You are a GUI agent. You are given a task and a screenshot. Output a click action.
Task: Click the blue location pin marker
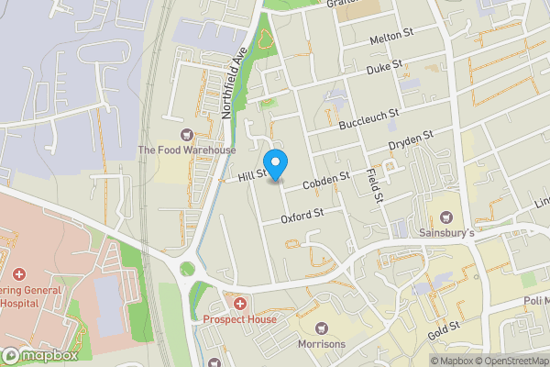[276, 163]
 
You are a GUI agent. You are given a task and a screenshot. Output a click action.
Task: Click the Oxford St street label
[304, 216]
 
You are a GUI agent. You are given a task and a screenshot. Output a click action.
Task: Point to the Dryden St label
[411, 140]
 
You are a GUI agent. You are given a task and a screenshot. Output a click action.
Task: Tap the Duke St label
[385, 68]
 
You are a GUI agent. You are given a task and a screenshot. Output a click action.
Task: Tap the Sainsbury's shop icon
[447, 217]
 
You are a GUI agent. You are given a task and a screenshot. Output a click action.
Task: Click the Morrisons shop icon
[322, 328]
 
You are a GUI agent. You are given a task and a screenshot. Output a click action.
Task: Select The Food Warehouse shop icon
[187, 134]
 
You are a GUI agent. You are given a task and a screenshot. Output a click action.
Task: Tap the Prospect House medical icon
[239, 304]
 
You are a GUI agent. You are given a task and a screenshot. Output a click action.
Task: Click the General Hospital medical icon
[18, 274]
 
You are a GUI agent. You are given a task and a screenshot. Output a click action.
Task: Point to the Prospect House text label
[239, 319]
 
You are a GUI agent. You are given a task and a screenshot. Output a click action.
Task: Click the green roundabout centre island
[189, 270]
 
